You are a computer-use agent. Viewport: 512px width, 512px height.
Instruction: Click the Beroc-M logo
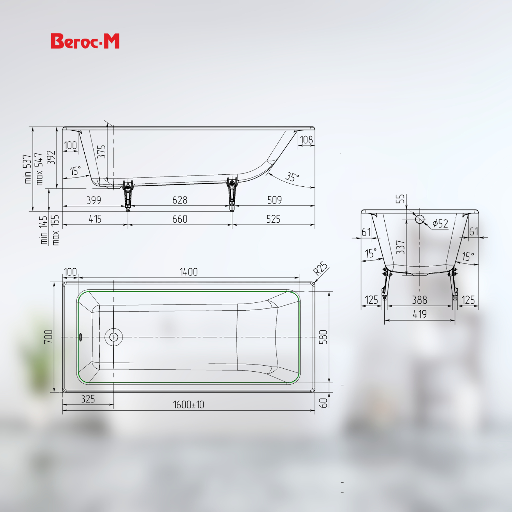(x=85, y=41)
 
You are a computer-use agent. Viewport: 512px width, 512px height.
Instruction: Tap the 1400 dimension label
(x=189, y=272)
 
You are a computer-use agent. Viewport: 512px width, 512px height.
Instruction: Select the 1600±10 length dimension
(x=188, y=405)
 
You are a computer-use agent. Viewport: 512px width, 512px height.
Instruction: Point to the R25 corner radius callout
(x=321, y=268)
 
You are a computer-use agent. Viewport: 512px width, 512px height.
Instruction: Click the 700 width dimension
(x=48, y=337)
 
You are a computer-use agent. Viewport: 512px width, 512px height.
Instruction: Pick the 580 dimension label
(x=323, y=337)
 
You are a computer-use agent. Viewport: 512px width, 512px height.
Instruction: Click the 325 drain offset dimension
(x=88, y=399)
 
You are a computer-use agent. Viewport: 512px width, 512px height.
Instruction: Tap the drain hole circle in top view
(x=114, y=337)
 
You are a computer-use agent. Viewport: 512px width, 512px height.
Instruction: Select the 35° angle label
(x=292, y=177)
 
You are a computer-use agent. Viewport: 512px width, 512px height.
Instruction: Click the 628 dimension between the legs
(x=180, y=200)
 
